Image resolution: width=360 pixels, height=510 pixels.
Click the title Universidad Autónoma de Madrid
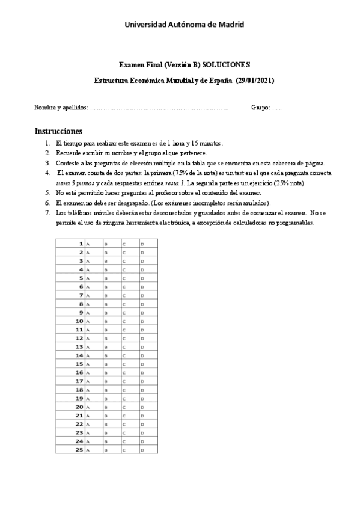point(184,24)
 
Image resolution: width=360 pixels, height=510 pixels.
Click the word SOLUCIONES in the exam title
point(226,65)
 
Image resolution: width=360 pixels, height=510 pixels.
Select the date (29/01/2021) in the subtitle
point(256,80)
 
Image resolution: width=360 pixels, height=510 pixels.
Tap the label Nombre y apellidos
point(60,108)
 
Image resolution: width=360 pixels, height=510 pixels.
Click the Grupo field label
point(260,108)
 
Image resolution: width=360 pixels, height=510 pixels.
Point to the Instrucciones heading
point(58,131)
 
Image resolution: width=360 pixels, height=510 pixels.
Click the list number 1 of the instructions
point(47,144)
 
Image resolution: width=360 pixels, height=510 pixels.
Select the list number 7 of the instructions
point(47,213)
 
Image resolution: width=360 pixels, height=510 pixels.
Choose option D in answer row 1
point(142,244)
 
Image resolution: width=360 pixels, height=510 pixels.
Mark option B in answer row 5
point(105,278)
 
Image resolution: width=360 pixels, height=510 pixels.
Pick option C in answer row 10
point(124,322)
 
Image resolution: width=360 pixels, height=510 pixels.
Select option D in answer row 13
point(142,347)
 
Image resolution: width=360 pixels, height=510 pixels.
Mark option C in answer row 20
point(124,407)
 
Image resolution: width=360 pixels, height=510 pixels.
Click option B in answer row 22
point(105,424)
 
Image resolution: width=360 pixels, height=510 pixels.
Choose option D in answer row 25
point(142,450)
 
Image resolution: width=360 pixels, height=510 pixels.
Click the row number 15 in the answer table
point(79,364)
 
